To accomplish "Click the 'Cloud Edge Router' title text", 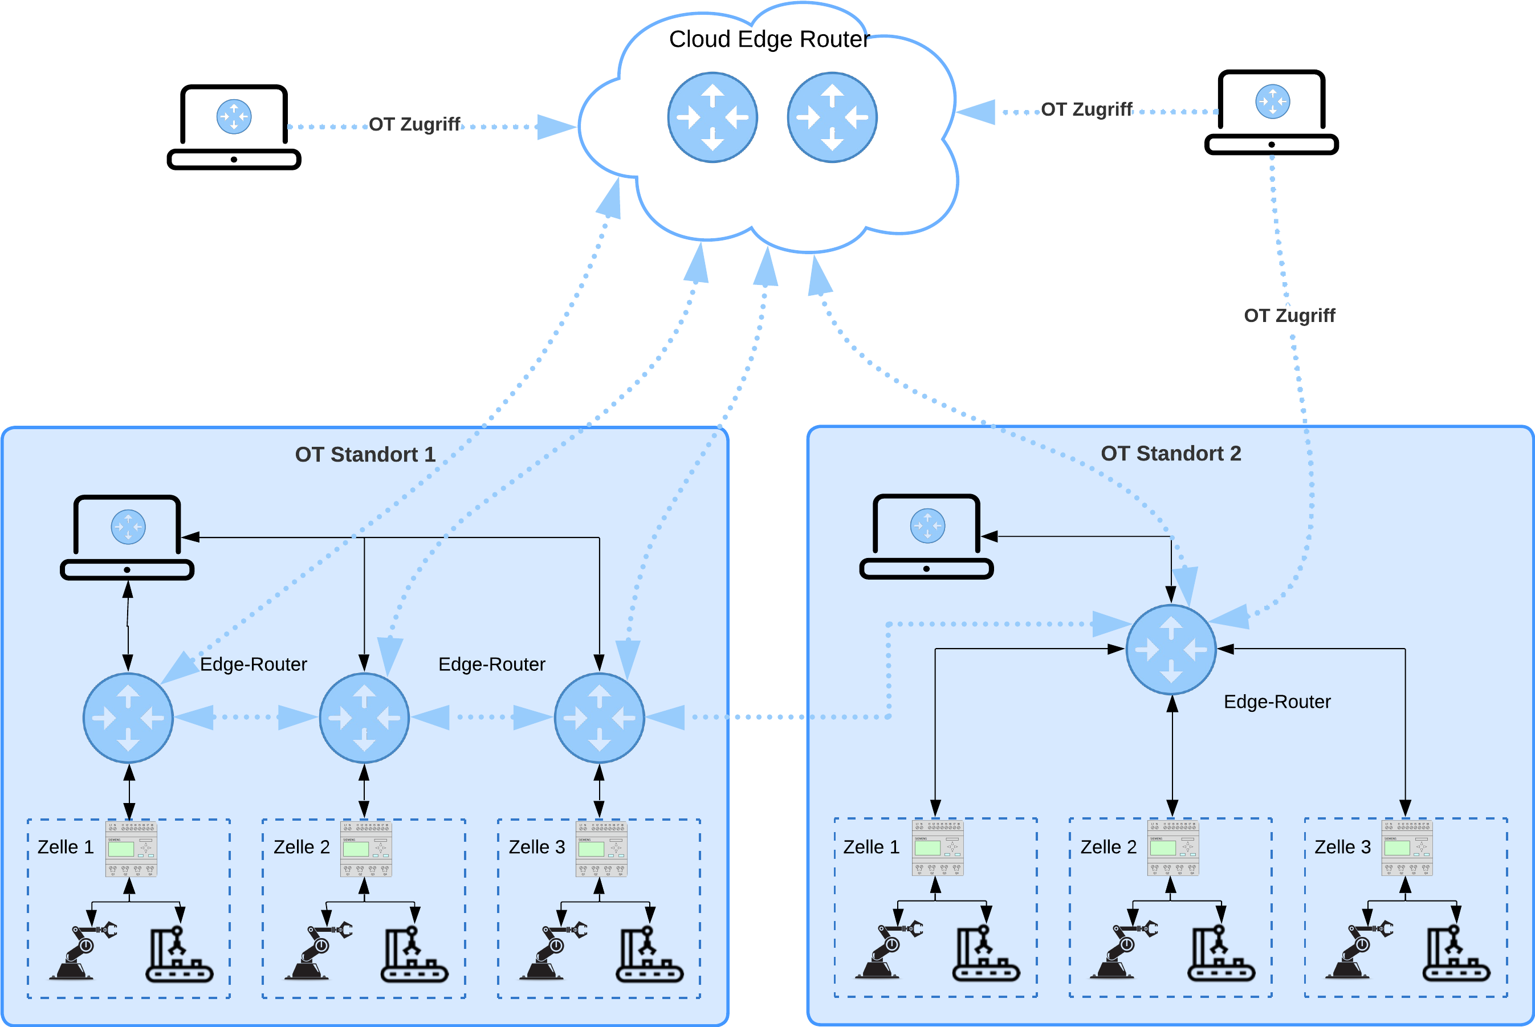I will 768,39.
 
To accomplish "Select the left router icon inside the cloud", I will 712,117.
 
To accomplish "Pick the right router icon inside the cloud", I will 832,117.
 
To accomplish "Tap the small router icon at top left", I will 234,117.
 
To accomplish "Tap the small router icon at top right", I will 1272,101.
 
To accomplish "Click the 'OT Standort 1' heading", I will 365,455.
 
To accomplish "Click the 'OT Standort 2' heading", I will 1170,453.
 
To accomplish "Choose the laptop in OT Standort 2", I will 926,536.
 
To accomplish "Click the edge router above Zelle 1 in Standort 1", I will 128,718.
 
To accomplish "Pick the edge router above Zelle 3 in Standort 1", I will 599,718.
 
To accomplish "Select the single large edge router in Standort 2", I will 1171,650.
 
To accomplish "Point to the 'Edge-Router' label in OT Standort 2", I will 1277,702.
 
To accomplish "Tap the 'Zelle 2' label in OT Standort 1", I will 301,847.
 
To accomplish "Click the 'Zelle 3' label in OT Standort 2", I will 1342,847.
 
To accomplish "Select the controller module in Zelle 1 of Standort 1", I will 131,849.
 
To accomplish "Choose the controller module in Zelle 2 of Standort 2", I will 1173,847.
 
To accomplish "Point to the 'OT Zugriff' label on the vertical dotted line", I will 1289,316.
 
